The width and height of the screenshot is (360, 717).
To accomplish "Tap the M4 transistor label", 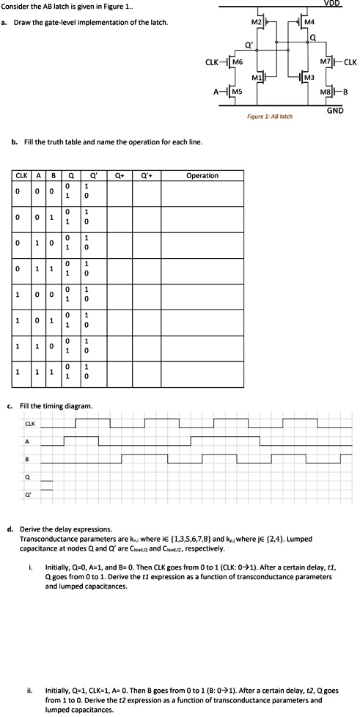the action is tap(310, 23).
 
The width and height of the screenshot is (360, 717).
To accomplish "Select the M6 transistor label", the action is tap(237, 62).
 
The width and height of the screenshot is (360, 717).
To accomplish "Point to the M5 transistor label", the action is tap(235, 92).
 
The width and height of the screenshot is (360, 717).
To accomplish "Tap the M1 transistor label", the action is tap(257, 77).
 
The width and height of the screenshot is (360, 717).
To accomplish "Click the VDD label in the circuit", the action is tap(343, 4).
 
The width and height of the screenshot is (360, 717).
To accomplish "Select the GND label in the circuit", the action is tap(335, 111).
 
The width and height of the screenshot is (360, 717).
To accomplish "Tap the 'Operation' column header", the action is tap(202, 176).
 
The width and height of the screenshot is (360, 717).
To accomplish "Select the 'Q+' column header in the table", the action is tap(119, 176).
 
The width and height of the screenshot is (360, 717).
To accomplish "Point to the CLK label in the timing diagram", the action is tap(30, 424).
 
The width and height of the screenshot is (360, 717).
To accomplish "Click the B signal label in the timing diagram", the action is tap(27, 460).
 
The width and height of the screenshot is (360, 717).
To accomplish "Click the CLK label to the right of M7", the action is tap(349, 62).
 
